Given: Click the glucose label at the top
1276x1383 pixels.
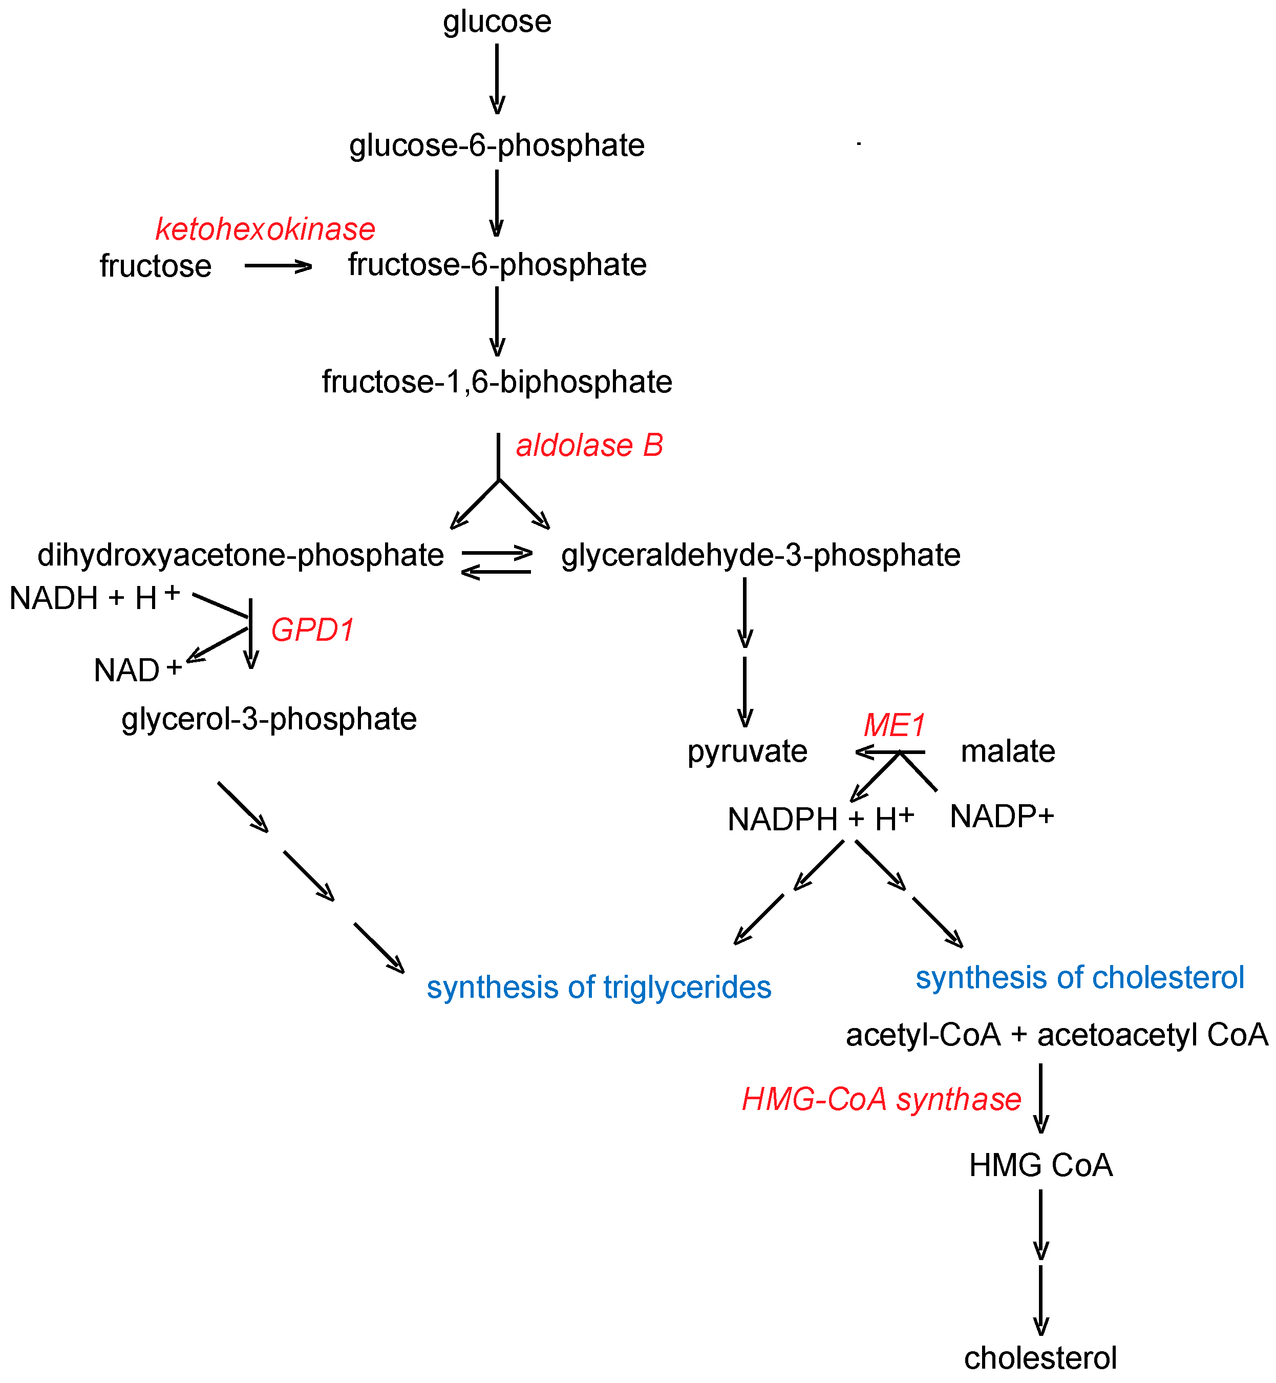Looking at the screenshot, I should [x=497, y=22].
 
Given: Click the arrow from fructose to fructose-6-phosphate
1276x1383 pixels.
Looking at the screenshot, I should [x=278, y=266].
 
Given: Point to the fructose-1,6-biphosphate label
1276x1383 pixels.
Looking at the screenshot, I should [x=497, y=382].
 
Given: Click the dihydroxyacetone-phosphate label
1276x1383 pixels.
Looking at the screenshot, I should [x=240, y=555].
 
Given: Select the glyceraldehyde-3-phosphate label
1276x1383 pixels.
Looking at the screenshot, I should [x=761, y=555].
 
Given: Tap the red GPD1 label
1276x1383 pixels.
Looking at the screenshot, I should [x=313, y=630].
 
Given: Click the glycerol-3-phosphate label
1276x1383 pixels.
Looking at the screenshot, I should [x=269, y=719].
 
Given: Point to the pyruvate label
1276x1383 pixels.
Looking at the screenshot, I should [x=747, y=751].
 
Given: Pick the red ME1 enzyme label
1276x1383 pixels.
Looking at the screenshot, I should [x=894, y=725].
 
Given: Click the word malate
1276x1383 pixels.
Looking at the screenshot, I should [x=1008, y=751].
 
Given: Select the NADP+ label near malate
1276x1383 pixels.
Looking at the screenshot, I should [x=1002, y=817].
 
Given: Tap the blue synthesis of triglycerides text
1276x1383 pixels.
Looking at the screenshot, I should [x=599, y=987].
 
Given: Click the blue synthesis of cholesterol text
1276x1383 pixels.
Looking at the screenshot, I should [x=1080, y=977].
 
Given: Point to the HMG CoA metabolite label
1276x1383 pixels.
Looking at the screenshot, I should [x=1040, y=1165].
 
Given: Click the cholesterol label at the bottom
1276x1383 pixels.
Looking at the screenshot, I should [x=1040, y=1358].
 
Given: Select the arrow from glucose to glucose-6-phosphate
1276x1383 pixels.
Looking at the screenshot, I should [x=497, y=79].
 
